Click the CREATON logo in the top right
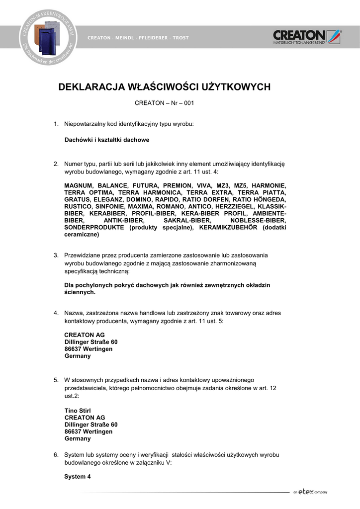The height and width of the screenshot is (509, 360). tap(307, 37)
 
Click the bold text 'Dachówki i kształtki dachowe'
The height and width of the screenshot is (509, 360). tap(107, 140)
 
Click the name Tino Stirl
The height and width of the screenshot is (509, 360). tap(78, 411)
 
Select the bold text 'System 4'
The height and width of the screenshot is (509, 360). tap(78, 477)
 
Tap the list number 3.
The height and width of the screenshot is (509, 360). tap(56, 255)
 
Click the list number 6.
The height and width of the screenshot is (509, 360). tap(56, 455)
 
